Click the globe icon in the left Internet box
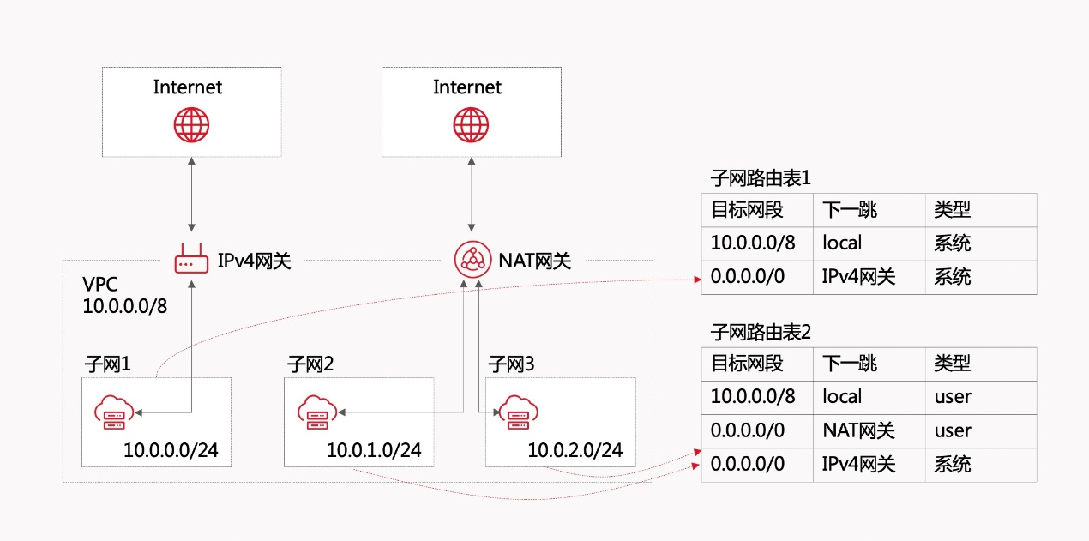pyautogui.click(x=191, y=125)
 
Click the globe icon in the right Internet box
pyautogui.click(x=471, y=125)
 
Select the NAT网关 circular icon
pyautogui.click(x=471, y=259)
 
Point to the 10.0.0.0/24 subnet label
pyautogui.click(x=177, y=449)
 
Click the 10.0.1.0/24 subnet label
pyautogui.click(x=373, y=449)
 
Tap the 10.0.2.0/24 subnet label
pyautogui.click(x=575, y=449)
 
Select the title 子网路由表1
pyautogui.click(x=761, y=178)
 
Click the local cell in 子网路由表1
pyautogui.click(x=842, y=243)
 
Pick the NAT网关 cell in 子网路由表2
pyautogui.click(x=859, y=430)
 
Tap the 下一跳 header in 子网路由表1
pyautogui.click(x=849, y=209)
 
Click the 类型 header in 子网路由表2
pyautogui.click(x=952, y=363)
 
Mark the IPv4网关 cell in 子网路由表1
pyautogui.click(x=859, y=277)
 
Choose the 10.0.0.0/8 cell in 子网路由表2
pyautogui.click(x=753, y=396)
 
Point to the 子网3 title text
pyautogui.click(x=511, y=364)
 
